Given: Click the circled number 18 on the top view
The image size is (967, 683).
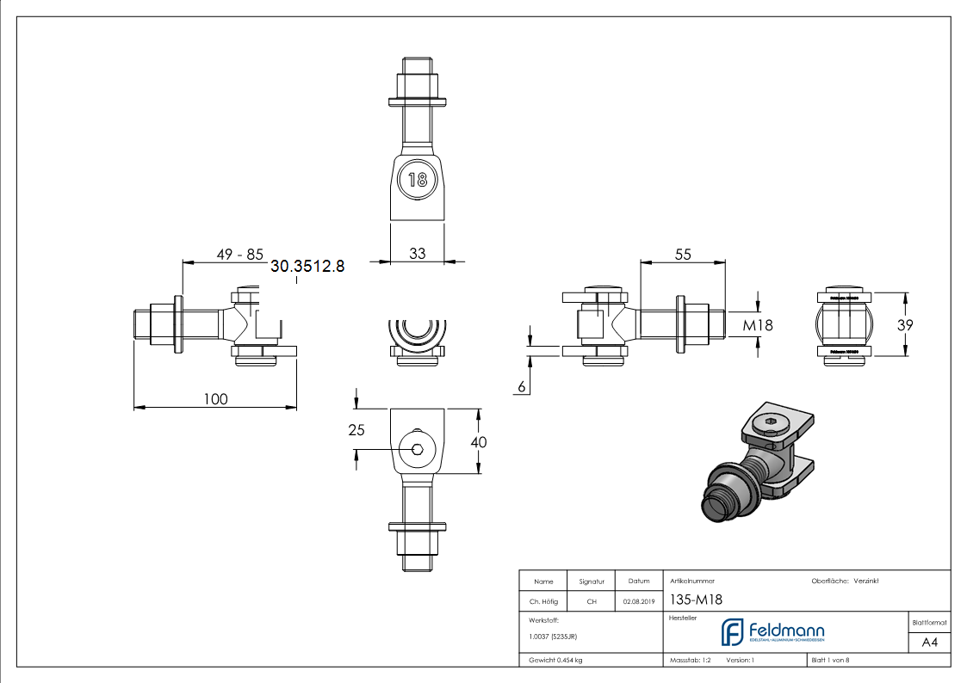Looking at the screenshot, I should click(x=418, y=180).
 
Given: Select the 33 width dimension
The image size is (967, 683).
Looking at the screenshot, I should click(x=418, y=254).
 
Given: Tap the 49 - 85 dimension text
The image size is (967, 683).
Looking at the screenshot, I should click(x=239, y=255).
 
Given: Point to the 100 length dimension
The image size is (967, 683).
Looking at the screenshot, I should click(x=215, y=398).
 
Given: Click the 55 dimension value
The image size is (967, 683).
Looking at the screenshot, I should click(x=683, y=254).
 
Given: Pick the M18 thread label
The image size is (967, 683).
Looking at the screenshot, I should click(x=758, y=325).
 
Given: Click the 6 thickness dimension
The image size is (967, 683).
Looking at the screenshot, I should click(x=522, y=388).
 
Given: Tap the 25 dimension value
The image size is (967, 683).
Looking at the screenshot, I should click(x=357, y=429).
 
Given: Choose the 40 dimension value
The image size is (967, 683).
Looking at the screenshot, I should click(x=480, y=442).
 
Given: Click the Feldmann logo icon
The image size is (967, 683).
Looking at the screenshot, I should click(x=733, y=632).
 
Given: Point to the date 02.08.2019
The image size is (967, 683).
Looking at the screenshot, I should click(x=639, y=602).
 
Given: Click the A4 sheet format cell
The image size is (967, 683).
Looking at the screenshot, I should click(x=930, y=643).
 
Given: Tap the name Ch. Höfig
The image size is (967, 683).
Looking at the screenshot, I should click(x=543, y=602).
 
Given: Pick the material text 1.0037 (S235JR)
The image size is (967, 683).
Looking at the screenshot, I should click(x=553, y=637).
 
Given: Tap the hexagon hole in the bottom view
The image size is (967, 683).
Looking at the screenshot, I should click(x=417, y=448).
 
